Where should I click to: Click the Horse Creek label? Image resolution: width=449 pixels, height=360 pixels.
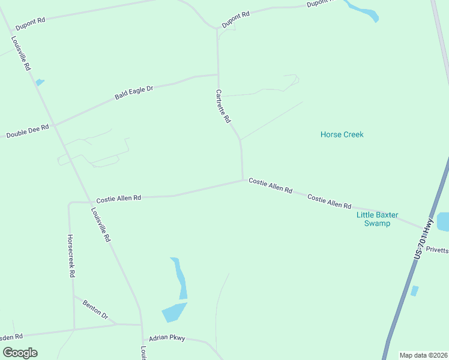pyautogui.click(x=342, y=134)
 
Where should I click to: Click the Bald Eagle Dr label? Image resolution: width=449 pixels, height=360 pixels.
pyautogui.click(x=134, y=92)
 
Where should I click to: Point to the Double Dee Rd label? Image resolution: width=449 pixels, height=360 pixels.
pyautogui.click(x=27, y=131)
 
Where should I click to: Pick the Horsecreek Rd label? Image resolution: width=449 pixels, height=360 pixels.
pyautogui.click(x=71, y=256)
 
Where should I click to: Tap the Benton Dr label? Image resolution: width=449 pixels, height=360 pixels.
pyautogui.click(x=95, y=309)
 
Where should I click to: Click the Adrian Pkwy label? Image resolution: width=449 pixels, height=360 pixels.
pyautogui.click(x=164, y=338)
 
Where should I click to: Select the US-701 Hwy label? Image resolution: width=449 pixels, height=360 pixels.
pyautogui.click(x=424, y=238)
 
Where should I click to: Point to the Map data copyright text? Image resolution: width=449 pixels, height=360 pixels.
pyautogui.click(x=424, y=355)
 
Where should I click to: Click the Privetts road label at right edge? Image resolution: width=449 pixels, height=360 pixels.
pyautogui.click(x=438, y=250)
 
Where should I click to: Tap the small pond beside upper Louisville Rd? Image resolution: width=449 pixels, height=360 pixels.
pyautogui.click(x=40, y=82)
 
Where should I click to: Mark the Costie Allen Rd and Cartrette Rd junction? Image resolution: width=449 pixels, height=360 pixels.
pyautogui.click(x=243, y=179)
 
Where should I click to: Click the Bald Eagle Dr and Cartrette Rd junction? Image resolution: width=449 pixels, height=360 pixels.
pyautogui.click(x=218, y=75)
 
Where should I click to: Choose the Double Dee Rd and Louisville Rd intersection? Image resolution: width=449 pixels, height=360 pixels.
pyautogui.click(x=55, y=125)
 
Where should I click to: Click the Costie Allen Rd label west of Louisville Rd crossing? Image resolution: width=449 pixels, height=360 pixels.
pyautogui.click(x=118, y=198)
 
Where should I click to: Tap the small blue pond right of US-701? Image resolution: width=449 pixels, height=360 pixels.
pyautogui.click(x=415, y=291)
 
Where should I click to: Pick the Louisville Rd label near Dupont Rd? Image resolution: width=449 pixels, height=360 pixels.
pyautogui.click(x=20, y=53)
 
